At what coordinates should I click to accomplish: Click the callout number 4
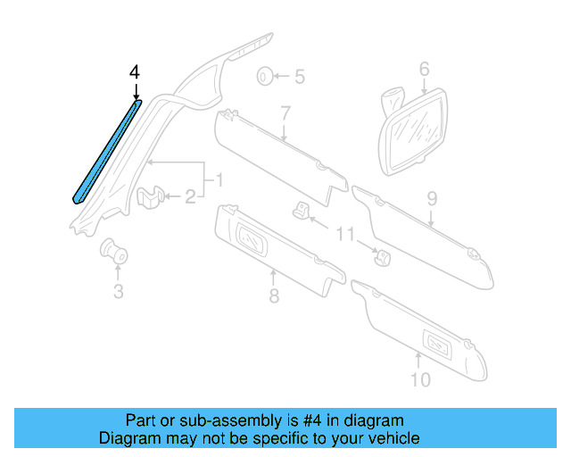135,71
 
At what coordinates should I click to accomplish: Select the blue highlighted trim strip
107,152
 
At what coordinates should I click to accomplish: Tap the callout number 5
300,77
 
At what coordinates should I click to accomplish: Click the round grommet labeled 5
265,77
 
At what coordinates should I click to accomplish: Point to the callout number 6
425,70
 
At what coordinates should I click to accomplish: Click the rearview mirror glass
415,133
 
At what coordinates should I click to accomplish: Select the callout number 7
285,113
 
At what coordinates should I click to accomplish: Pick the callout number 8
274,295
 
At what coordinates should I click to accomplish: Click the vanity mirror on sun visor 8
252,238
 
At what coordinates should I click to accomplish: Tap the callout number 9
432,199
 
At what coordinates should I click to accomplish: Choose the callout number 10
420,379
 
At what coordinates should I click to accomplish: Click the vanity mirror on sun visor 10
438,344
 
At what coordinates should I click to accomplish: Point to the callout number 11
344,234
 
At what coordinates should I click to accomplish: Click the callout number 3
119,292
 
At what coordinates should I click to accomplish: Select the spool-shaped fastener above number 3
113,251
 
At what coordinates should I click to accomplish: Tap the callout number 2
190,197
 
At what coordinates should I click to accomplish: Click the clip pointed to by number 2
150,197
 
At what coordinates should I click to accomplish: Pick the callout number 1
219,180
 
